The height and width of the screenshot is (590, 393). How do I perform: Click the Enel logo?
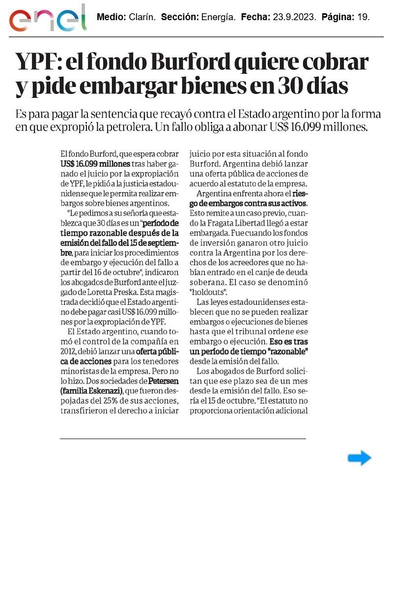coord(48,19)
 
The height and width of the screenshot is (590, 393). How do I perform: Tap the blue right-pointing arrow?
coord(359,458)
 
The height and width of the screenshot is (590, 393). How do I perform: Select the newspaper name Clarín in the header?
coord(142,17)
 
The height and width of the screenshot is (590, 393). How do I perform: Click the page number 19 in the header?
coord(363,17)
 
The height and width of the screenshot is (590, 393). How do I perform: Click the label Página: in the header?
coord(337,17)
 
